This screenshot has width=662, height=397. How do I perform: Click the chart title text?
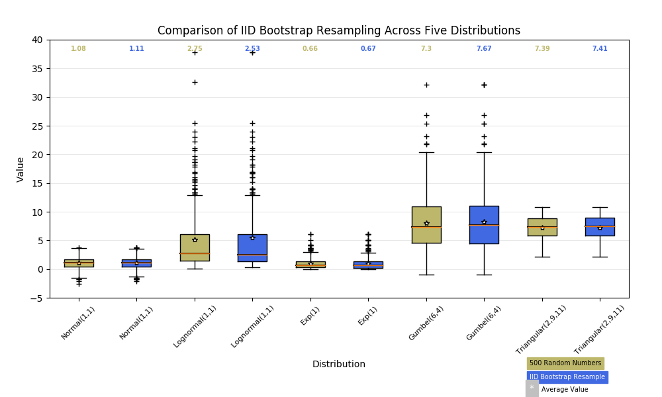coord(338,31)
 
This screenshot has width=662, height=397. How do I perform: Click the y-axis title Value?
coord(21,169)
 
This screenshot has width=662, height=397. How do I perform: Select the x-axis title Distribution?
coord(338,364)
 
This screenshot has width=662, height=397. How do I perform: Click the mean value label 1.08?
coord(79,49)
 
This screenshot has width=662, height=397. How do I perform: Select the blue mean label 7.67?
coord(484,49)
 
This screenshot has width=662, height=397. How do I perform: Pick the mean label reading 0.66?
coord(310,49)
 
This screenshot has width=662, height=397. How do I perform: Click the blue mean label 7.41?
coord(600,49)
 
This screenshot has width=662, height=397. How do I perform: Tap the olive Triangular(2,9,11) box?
coord(542,227)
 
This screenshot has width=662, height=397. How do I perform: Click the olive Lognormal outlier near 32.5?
coord(195,82)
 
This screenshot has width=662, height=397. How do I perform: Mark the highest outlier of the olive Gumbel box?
coord(426,85)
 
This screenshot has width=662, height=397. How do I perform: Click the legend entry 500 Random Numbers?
coord(565,363)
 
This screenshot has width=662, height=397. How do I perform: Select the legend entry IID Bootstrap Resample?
coord(567,377)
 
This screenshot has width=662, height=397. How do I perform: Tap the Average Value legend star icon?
coord(532,388)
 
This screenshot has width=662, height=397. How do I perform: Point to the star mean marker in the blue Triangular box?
coord(600,228)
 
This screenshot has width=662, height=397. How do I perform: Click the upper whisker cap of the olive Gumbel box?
coord(426,152)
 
